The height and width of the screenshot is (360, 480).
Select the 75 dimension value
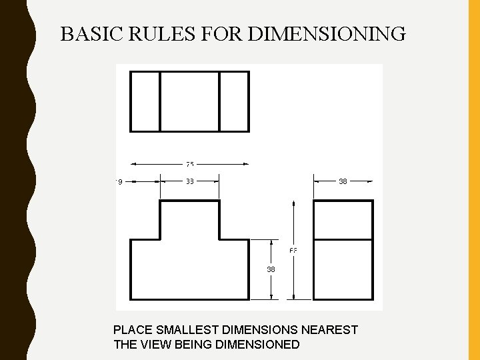coord(190,164)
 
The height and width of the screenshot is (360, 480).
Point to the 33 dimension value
coord(190,181)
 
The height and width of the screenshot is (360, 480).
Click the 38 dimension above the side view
coord(343,181)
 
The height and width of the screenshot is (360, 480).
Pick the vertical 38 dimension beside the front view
coord(271,270)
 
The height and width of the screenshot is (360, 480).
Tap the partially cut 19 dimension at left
coord(119,181)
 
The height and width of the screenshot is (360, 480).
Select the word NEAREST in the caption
coord(331,330)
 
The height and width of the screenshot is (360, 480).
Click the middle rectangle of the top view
coord(189,101)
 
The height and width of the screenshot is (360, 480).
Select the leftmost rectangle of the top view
coord(145,101)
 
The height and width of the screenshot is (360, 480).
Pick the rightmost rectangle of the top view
coord(234,101)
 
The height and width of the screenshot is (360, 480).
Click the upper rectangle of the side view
coord(343,219)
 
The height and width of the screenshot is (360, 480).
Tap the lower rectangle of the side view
coord(343,269)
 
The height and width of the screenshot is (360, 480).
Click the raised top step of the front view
coord(189,219)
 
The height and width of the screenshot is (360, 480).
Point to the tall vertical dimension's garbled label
coord(293,251)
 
